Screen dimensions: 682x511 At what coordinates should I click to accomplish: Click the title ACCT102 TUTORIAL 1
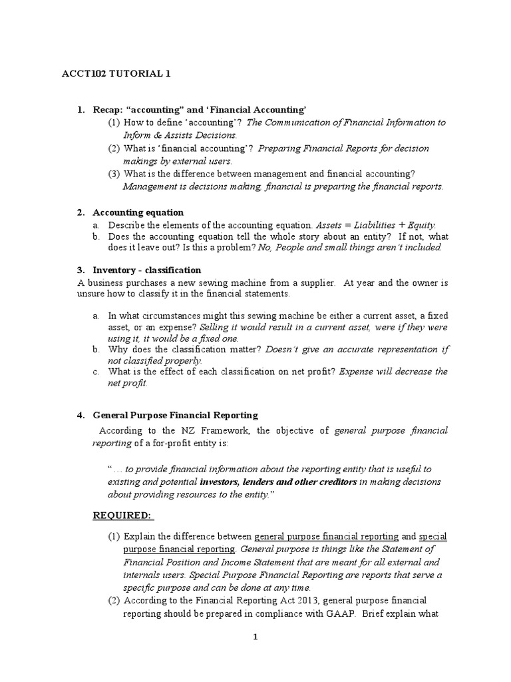117,74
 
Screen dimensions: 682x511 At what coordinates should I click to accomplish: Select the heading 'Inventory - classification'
146,270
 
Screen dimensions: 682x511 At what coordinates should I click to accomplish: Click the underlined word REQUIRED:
122,515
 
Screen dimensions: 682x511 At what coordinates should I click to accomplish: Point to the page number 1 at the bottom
255,637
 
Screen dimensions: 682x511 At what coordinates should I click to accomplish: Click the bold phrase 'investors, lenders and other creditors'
279,481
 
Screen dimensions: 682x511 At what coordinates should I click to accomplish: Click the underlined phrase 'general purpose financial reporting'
327,536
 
